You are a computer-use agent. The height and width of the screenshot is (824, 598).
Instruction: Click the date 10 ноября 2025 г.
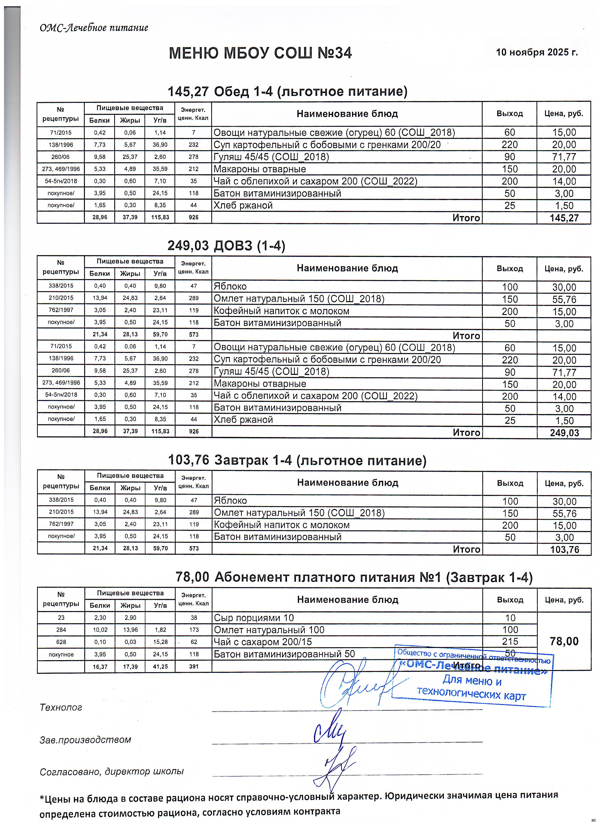[x=537, y=52]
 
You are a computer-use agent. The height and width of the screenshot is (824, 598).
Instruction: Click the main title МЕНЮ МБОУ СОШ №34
[x=260, y=54]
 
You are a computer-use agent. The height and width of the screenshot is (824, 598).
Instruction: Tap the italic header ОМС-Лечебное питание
[x=94, y=28]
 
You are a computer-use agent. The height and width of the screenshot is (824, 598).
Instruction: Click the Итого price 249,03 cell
[x=564, y=433]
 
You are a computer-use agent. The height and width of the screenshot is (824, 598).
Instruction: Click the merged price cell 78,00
[x=564, y=641]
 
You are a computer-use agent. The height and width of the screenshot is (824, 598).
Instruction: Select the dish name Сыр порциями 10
[x=254, y=618]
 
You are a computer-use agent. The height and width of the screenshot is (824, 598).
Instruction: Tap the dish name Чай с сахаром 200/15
[x=263, y=642]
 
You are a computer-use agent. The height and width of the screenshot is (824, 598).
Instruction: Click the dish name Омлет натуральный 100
[x=269, y=630]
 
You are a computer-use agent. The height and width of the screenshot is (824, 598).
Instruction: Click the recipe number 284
[x=61, y=630]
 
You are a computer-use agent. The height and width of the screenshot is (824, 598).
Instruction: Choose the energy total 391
[x=194, y=666]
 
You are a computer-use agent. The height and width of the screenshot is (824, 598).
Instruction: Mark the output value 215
[x=510, y=642]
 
